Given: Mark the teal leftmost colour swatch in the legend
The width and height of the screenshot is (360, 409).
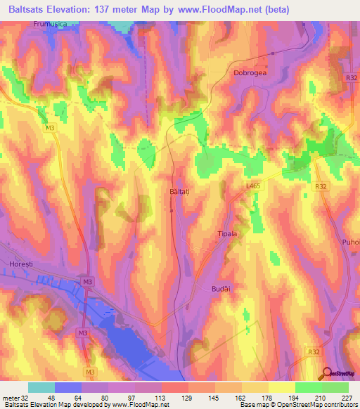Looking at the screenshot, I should [x=41, y=387].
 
